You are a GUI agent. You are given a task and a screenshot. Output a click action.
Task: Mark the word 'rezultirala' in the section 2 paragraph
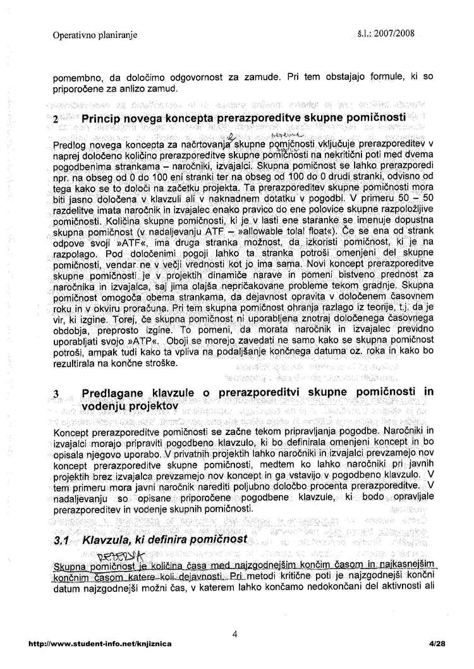click(76, 363)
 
